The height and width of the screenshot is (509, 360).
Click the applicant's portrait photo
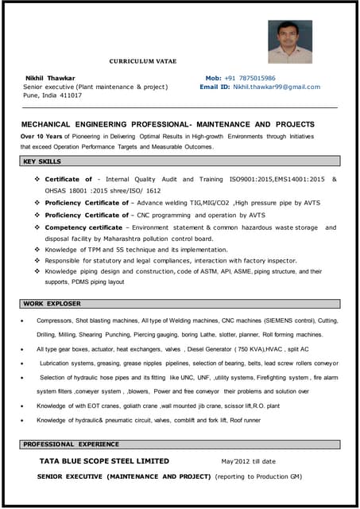click(x=289, y=41)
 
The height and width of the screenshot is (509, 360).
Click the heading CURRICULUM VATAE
click(x=143, y=61)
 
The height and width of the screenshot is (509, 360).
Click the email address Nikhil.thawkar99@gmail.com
click(x=277, y=87)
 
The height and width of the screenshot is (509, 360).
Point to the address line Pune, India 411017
click(x=52, y=95)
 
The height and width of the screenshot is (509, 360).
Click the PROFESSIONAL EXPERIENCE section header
click(x=71, y=444)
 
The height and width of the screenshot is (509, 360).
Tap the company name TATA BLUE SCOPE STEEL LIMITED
click(x=104, y=460)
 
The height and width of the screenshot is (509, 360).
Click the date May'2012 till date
click(x=248, y=460)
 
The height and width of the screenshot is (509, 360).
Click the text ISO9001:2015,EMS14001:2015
click(x=277, y=180)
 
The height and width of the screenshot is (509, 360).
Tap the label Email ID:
click(x=215, y=87)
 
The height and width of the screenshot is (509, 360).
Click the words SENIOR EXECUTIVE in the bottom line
click(x=71, y=476)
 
